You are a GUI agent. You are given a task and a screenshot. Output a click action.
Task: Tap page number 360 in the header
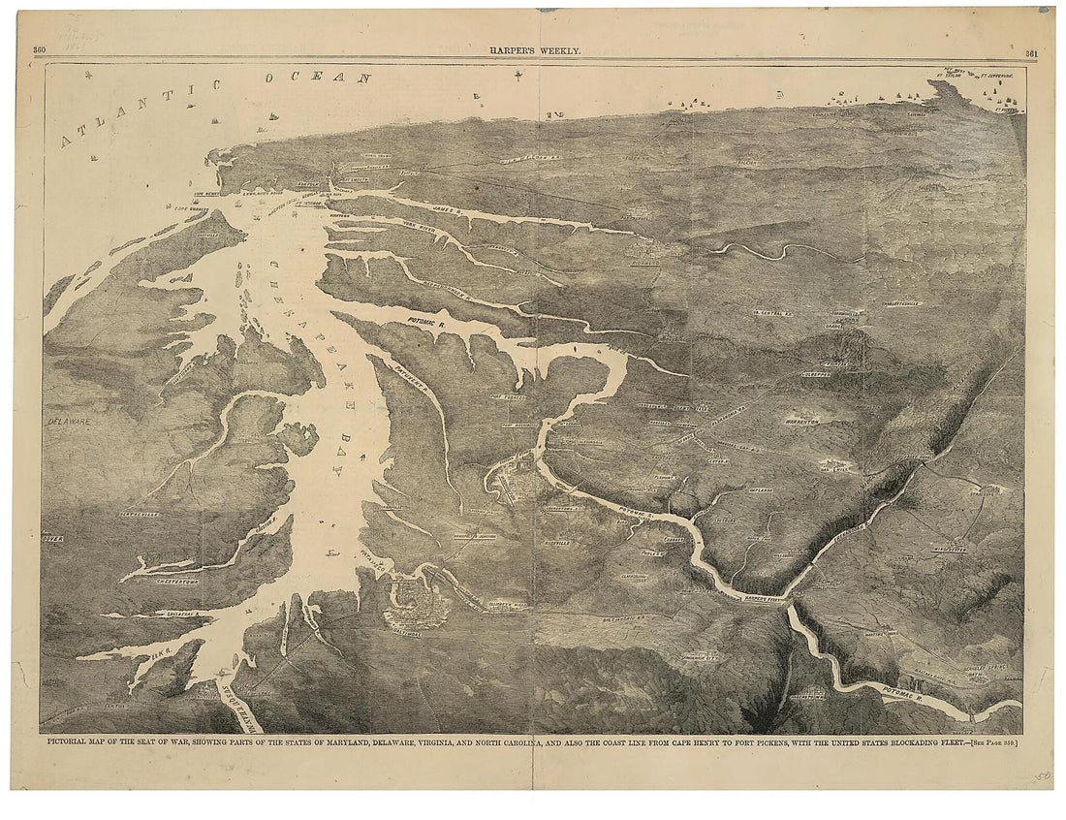(40, 51)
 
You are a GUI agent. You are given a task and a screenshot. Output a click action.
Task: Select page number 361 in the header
(1032, 52)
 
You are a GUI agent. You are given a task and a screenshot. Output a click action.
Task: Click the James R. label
(449, 205)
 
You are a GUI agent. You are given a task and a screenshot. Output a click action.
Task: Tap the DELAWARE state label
(68, 423)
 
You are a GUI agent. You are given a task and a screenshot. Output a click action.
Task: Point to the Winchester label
(950, 549)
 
